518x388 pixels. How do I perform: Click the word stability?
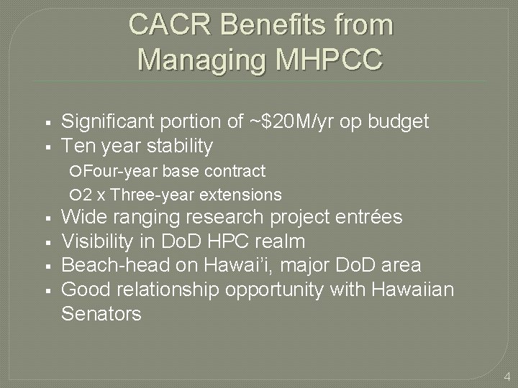179,146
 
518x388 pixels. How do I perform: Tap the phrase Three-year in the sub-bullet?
153,195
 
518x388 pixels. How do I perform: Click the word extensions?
242,195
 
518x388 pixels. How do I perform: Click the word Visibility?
96,241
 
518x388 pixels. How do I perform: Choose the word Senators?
101,314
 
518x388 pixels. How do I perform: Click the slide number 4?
506,376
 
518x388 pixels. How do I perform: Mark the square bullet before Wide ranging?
45,218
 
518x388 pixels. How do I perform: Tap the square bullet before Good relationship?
45,290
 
